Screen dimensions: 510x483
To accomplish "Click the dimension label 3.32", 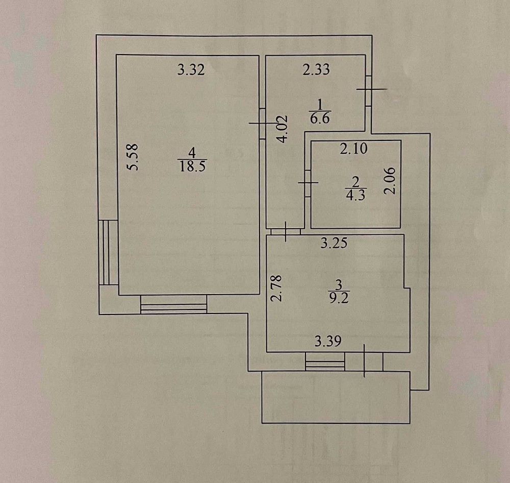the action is [191, 70].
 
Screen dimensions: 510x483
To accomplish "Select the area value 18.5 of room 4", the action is [193, 166].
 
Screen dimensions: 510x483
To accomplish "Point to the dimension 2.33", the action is [316, 70].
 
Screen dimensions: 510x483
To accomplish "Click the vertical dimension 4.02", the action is [282, 129].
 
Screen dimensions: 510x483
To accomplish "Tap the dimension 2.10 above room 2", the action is [354, 149].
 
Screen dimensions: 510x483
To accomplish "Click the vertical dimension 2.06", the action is [390, 181].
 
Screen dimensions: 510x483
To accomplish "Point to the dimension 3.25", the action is [334, 243].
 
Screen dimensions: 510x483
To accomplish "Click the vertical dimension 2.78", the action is [276, 288].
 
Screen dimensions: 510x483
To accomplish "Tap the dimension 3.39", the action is [328, 342].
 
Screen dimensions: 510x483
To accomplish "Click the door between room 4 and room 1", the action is [263, 124].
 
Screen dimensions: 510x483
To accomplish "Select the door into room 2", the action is [308, 183].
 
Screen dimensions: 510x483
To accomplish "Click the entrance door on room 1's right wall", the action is [369, 90].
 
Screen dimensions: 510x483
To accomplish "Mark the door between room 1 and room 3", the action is [286, 232].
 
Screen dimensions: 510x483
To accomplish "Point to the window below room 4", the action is [174, 304].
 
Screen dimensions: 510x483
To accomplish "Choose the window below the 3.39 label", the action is [325, 361].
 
